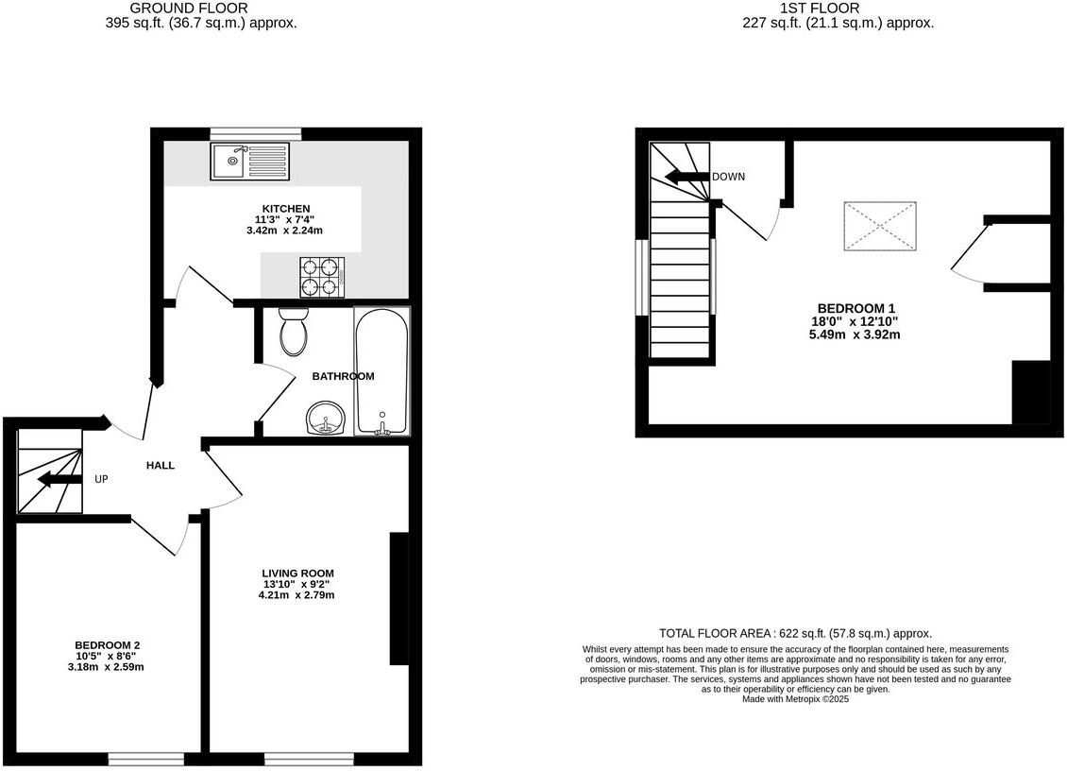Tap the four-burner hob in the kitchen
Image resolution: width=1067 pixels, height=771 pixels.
coord(321,276)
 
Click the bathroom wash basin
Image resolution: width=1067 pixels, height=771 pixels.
coord(326,418)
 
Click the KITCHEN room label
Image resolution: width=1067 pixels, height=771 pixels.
coord(286,209)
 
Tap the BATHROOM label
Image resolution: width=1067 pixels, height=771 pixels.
coord(343,376)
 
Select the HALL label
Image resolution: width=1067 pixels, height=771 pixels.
coord(161,466)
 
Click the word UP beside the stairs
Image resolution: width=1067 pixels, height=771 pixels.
coord(101,479)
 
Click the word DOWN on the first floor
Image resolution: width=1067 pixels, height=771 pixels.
coord(728,177)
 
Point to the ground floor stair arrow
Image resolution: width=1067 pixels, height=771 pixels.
coord(59,480)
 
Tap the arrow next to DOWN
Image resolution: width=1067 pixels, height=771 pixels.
coord(686,177)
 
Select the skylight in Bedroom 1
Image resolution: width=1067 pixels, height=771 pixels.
coord(879,227)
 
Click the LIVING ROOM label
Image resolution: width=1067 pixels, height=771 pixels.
coord(298,573)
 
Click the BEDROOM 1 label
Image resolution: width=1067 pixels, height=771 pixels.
coord(855,308)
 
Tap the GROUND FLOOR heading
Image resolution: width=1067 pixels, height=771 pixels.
coord(201,9)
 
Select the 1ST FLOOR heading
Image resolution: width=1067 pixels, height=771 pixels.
coord(820,9)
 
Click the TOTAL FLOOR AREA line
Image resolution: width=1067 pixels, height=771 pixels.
coord(795,634)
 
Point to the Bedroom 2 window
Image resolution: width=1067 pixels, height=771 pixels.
coord(145,758)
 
